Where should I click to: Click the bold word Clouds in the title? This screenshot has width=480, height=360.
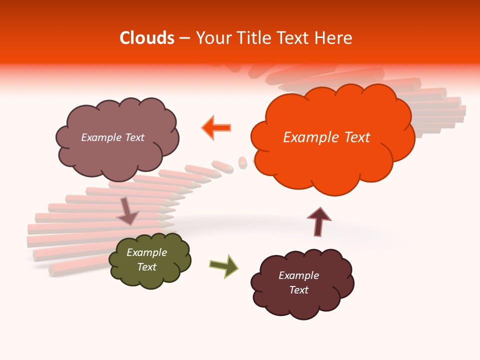point(147,38)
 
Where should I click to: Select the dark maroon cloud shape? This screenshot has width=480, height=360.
point(302,300)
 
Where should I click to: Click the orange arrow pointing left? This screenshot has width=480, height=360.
point(216,127)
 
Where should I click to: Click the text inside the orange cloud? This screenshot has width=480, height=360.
point(326,137)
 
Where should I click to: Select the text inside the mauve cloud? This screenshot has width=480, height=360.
point(112,137)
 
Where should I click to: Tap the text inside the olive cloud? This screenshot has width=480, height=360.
point(146,259)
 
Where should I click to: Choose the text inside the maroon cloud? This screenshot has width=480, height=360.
point(298,282)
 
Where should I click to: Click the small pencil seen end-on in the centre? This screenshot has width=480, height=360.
point(242,163)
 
